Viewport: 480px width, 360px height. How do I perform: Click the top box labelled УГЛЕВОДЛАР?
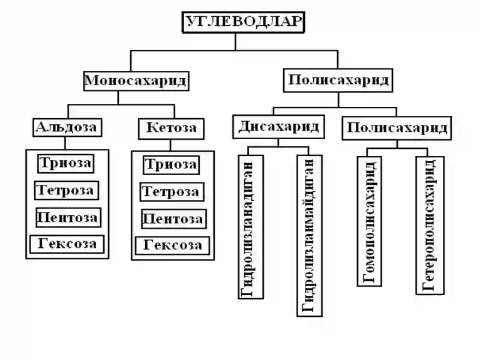244,22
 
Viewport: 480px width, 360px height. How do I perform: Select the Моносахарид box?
136,81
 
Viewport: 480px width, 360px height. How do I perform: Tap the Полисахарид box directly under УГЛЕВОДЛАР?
338,80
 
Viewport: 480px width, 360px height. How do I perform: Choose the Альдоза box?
67,127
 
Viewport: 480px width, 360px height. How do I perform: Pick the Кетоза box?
171,129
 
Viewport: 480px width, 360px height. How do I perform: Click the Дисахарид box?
278,127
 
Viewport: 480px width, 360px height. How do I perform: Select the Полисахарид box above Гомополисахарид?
397,128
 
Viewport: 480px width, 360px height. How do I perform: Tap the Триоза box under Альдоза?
66,164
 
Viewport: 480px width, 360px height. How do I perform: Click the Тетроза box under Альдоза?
67,190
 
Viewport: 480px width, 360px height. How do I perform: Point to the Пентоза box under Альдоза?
68,218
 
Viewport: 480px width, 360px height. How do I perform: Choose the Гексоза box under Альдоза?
67,244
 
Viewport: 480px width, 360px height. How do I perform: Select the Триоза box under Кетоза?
172,166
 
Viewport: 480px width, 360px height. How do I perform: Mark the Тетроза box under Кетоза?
172,192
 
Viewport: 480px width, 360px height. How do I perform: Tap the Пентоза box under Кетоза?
174,219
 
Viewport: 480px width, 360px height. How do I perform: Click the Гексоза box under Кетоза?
173,246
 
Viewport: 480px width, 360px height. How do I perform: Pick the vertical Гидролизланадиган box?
251,227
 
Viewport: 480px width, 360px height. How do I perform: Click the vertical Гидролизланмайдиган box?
310,236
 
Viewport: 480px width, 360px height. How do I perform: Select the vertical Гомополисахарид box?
370,221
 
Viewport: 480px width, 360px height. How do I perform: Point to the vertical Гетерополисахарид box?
430,226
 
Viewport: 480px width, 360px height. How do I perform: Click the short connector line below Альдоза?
65,143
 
